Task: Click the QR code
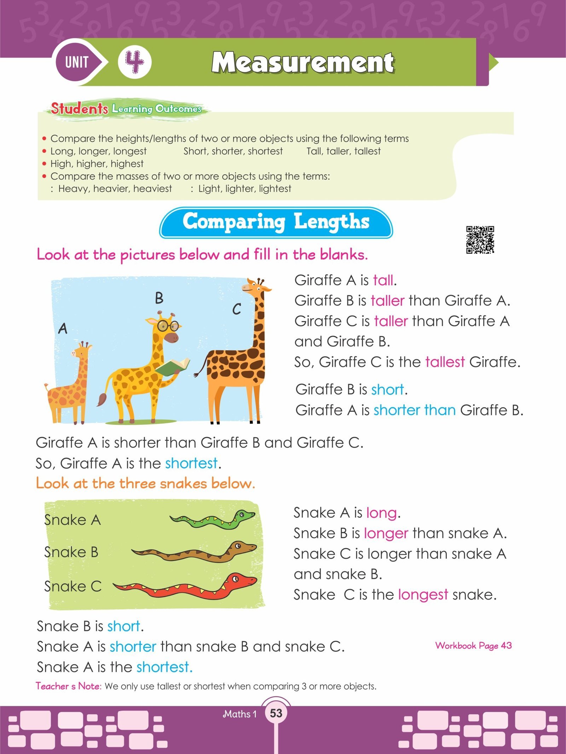pyautogui.click(x=480, y=240)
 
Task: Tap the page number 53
pyautogui.click(x=276, y=713)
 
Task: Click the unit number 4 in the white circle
pyautogui.click(x=135, y=63)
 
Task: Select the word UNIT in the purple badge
pyautogui.click(x=77, y=63)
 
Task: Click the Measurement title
pyautogui.click(x=303, y=63)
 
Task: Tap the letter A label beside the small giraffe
pyautogui.click(x=63, y=329)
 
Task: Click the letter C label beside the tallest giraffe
pyautogui.click(x=237, y=309)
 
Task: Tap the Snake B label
pyautogui.click(x=71, y=552)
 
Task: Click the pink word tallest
pyautogui.click(x=445, y=362)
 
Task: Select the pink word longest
pyautogui.click(x=423, y=594)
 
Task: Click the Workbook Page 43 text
pyautogui.click(x=473, y=645)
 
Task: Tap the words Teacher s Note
pyautogui.click(x=69, y=686)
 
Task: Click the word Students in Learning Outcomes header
pyautogui.click(x=79, y=108)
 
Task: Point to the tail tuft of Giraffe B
pyautogui.click(x=102, y=400)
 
